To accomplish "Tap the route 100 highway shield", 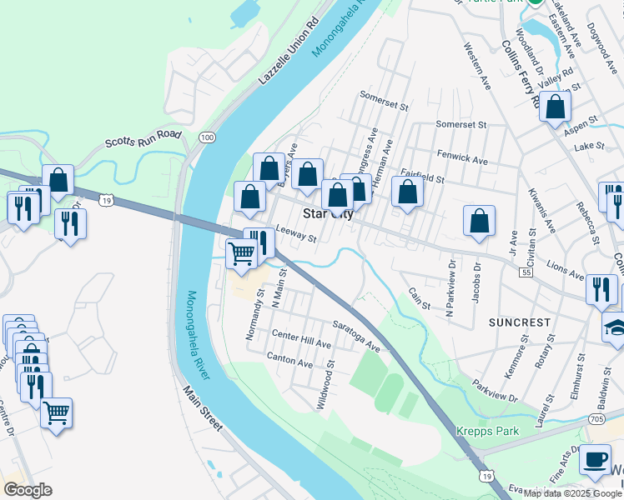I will (x=207, y=136).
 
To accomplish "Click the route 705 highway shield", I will (x=596, y=417).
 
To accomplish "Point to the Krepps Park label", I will (x=488, y=431).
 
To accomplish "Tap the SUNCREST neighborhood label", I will (x=520, y=322).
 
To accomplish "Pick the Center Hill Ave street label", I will (x=301, y=339).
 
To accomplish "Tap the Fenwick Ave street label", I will (x=461, y=157).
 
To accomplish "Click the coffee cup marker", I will (x=595, y=460).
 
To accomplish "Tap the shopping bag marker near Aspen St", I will (x=555, y=106).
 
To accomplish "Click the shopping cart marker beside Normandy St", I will (x=241, y=252).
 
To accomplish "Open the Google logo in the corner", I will (x=28, y=490).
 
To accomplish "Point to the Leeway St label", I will (x=296, y=239).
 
